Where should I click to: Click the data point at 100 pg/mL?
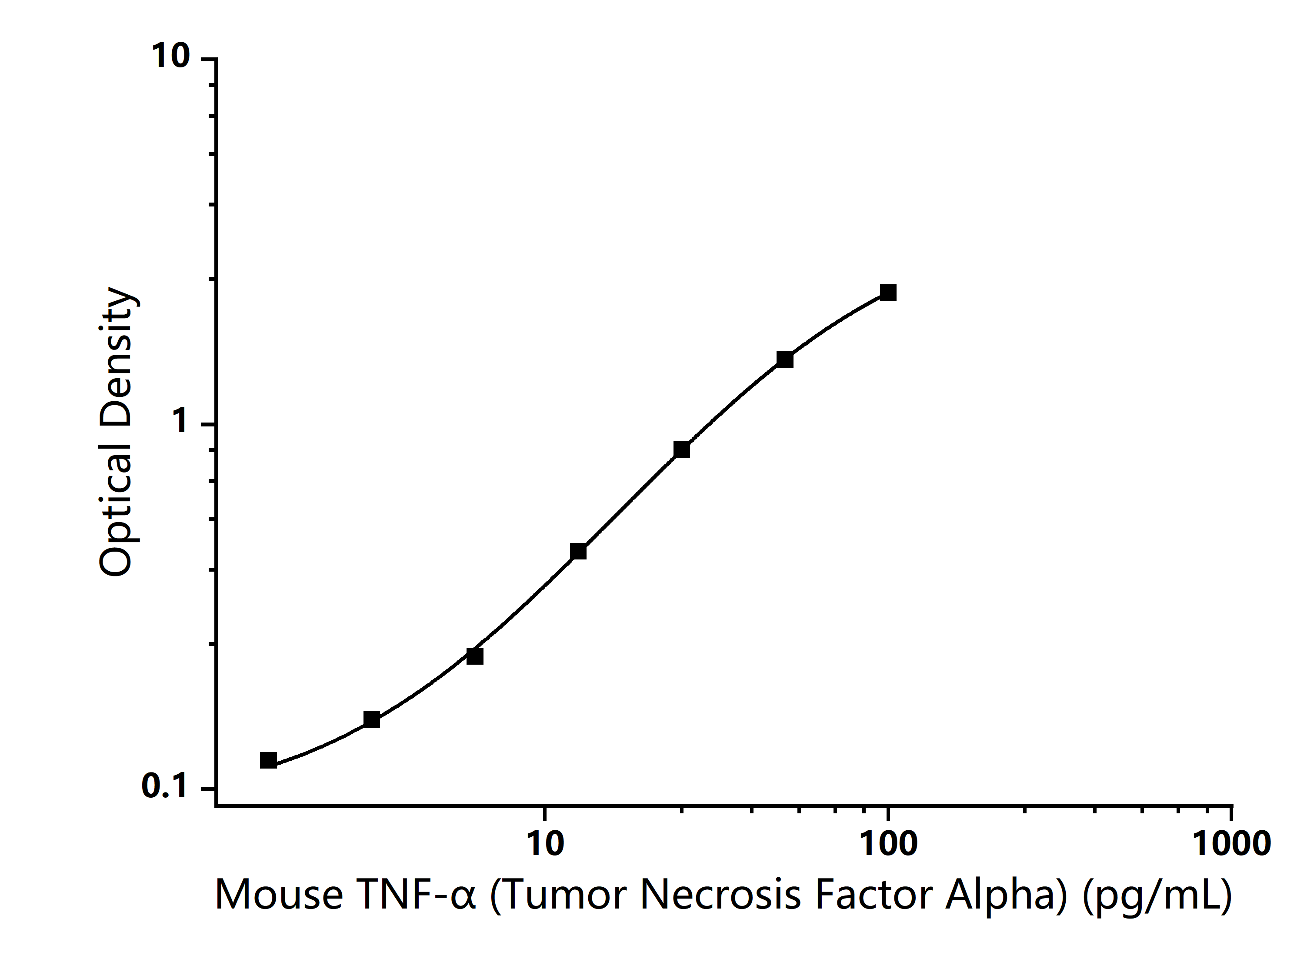pos(888,292)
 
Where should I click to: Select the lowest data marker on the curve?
pos(268,760)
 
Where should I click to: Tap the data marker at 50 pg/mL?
pos(784,360)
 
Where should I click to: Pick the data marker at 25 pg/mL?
pos(681,449)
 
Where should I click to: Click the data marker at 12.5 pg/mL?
pos(578,551)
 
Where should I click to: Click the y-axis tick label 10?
pos(170,57)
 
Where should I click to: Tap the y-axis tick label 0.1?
pos(165,787)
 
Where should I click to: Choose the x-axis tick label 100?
pos(889,844)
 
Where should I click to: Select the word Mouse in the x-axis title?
pos(278,895)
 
